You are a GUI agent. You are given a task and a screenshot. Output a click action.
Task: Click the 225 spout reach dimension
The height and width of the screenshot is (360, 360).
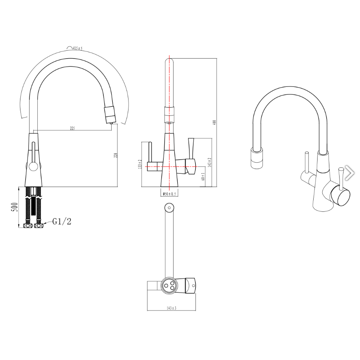73,128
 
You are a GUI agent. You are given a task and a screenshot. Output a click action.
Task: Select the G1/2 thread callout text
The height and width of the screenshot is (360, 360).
62,222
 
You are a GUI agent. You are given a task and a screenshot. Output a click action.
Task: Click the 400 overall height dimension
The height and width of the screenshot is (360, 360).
215,122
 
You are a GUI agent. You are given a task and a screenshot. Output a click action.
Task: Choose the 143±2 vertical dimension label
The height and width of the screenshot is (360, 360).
210,162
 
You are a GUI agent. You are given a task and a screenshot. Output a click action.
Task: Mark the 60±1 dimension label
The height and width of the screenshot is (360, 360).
203,176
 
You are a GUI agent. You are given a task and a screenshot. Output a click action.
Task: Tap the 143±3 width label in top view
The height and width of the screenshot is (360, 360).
172,308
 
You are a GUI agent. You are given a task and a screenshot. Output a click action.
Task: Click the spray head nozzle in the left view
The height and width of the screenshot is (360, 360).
110,114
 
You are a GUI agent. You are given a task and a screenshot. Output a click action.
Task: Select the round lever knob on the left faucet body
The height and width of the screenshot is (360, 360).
33,167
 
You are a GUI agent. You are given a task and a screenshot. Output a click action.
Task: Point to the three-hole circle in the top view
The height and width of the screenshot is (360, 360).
169,285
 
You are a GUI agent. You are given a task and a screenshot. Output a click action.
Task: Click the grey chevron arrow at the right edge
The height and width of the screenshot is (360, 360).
349,172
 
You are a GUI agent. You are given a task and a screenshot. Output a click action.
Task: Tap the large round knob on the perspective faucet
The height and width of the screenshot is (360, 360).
340,196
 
